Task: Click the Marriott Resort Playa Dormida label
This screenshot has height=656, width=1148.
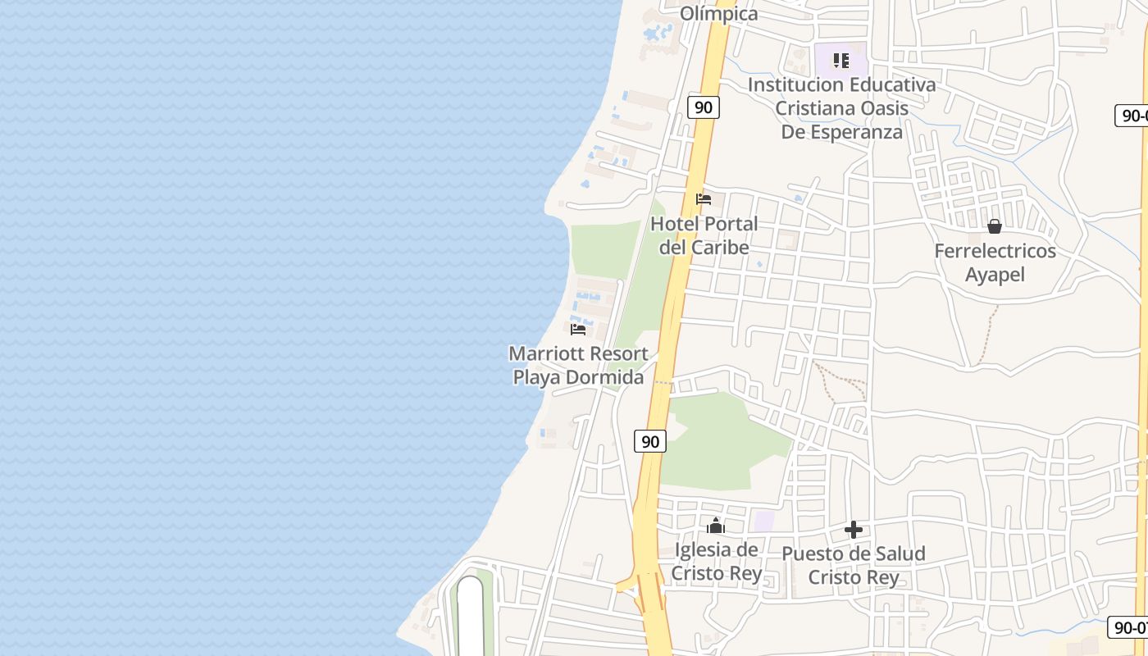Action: point(578,366)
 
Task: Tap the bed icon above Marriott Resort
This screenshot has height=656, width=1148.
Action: point(578,330)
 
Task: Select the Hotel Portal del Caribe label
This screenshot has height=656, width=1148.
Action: point(704,235)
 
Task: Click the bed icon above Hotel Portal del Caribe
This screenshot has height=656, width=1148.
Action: point(704,198)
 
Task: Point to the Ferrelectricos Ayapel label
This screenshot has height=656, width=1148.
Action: point(995,262)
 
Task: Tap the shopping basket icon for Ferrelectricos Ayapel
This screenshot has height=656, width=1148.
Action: point(995,226)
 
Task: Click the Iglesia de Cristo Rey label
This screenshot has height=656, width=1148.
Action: point(716,561)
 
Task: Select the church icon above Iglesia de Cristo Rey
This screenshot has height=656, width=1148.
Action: point(716,526)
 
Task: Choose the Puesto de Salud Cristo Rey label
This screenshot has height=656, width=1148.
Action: point(853,565)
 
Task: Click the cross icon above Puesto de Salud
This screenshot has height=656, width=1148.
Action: point(854,530)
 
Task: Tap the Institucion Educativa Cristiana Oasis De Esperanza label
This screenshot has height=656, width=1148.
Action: point(841,107)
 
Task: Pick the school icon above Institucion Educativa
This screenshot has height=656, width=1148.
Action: point(841,61)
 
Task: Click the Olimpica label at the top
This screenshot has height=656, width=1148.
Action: point(718,13)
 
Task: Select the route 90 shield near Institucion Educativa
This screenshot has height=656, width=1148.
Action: point(704,107)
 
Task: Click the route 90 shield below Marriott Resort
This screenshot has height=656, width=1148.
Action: point(650,441)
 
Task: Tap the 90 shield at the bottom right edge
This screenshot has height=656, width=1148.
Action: point(1129,627)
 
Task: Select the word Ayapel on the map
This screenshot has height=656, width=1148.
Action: point(995,275)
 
